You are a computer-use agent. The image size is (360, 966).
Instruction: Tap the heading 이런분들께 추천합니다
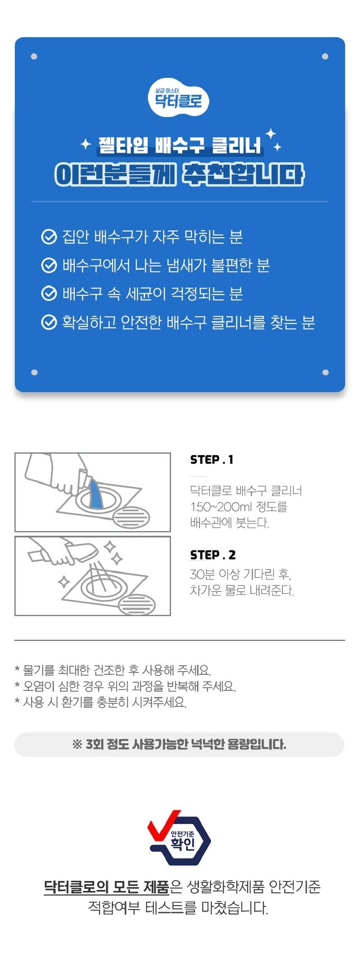pyautogui.click(x=180, y=175)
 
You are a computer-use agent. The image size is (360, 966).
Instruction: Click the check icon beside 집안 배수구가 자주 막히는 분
pyautogui.click(x=49, y=237)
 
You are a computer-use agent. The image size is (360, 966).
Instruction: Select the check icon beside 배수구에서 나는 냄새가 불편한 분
pyautogui.click(x=49, y=266)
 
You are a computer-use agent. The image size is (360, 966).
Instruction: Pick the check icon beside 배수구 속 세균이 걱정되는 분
pyautogui.click(x=49, y=293)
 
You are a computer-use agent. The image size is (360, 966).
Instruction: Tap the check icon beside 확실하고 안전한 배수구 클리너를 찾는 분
pyautogui.click(x=49, y=322)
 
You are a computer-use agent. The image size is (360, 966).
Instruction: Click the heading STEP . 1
pyautogui.click(x=211, y=460)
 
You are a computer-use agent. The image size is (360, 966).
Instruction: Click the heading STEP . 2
pyautogui.click(x=213, y=555)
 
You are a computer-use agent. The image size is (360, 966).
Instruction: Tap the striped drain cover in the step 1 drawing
pyautogui.click(x=131, y=518)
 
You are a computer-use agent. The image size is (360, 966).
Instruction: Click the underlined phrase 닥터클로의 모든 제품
pyautogui.click(x=106, y=887)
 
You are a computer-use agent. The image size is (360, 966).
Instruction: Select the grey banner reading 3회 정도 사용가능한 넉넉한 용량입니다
pyautogui.click(x=180, y=745)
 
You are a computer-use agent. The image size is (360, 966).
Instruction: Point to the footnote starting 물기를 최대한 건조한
pyautogui.click(x=113, y=670)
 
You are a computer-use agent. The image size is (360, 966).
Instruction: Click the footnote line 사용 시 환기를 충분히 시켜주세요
pyautogui.click(x=101, y=702)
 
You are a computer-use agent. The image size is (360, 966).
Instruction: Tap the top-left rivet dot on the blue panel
pyautogui.click(x=34, y=57)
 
